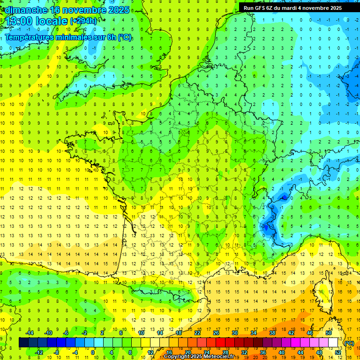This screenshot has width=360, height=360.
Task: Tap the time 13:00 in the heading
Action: click(x=21, y=21)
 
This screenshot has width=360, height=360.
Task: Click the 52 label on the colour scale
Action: click(x=338, y=352)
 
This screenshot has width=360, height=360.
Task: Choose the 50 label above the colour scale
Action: click(x=329, y=333)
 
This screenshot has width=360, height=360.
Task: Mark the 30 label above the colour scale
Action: click(x=235, y=333)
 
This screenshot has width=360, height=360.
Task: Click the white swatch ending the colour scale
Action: click(x=333, y=343)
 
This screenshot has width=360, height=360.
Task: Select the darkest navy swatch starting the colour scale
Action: click(x=24, y=343)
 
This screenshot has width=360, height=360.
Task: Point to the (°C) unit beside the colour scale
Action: click(x=349, y=343)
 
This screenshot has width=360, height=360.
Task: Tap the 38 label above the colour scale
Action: click(x=272, y=333)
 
